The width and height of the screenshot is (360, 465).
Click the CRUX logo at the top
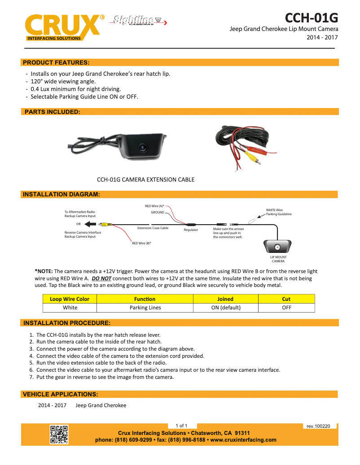click(62, 26)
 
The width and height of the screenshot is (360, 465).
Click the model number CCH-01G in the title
click(311, 18)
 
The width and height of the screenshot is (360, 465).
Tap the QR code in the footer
click(59, 435)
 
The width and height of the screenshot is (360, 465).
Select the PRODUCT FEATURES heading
click(56, 62)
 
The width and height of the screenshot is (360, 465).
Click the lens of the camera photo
click(142, 147)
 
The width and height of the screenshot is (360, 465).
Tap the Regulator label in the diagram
click(191, 230)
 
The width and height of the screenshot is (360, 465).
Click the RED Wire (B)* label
click(141, 243)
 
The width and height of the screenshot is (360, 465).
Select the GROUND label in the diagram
click(157, 212)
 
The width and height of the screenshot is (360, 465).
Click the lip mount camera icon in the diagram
click(278, 247)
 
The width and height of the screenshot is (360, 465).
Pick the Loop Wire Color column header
click(70, 299)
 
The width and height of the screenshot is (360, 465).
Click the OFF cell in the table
click(286, 308)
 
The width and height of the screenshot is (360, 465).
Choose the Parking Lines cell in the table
click(145, 308)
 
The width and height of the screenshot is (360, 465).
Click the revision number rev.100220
click(318, 426)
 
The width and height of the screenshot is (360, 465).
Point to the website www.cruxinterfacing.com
click(243, 440)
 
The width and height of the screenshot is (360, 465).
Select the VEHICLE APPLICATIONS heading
click(61, 394)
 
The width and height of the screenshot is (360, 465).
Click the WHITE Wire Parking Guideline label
click(278, 212)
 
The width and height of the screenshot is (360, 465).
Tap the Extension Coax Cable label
click(153, 228)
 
